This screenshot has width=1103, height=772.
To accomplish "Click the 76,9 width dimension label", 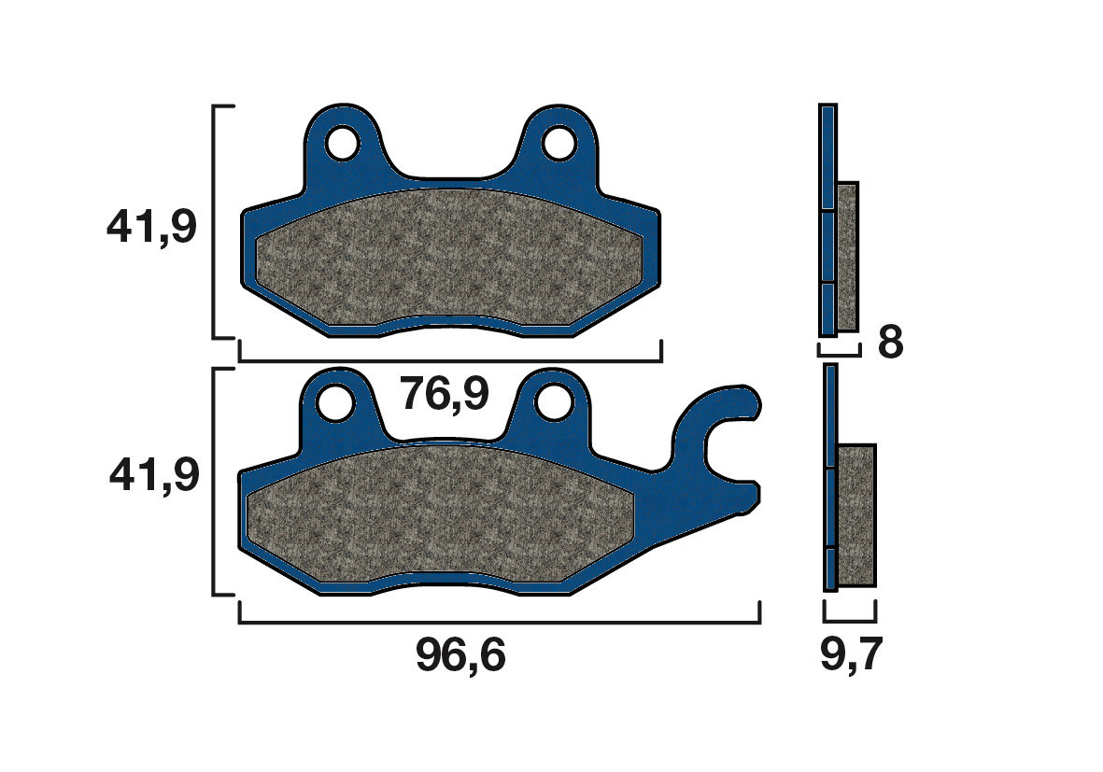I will [445, 396].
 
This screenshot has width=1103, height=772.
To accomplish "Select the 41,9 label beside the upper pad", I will [152, 227].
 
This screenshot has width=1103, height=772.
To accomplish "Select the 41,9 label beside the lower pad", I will [154, 476].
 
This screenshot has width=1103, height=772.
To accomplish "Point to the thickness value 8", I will [891, 344].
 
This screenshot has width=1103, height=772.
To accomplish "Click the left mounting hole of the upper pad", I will [342, 144].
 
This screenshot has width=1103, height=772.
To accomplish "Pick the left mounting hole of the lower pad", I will [335, 402].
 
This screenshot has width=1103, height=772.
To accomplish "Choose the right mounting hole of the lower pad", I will [554, 401].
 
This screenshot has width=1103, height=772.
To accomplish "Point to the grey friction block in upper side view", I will [847, 257].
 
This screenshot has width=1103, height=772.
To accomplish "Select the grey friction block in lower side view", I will [856, 515].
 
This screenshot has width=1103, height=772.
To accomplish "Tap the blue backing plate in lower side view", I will [830, 476].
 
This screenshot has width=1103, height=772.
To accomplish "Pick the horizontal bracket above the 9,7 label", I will [850, 620].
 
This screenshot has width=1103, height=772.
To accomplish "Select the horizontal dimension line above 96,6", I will [500, 622].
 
